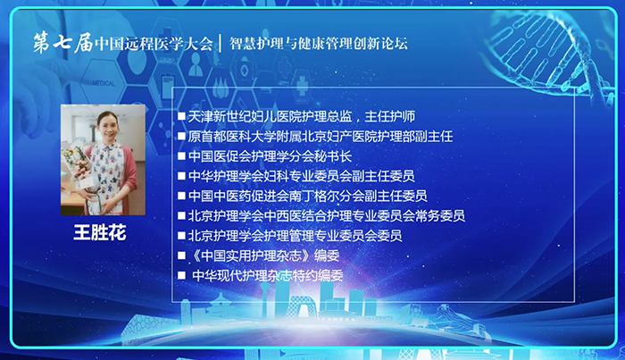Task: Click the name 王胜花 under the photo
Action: pos(100,232)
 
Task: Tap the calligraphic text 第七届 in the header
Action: pos(63,43)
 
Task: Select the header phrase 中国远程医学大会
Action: pos(154,44)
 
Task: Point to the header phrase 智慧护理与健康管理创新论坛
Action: pos(319,44)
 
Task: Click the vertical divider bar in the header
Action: pos(221,44)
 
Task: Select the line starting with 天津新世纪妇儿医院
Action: pos(302,116)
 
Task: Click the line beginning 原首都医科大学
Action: pos(320,137)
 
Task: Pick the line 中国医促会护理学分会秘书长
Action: pos(270,156)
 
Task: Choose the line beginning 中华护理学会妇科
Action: pos(302,176)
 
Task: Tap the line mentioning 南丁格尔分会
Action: pos(308,196)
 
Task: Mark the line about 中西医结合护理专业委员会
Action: pos(327,215)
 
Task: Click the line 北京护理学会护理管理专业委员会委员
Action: pos(295,236)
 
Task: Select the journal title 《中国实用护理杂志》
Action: pos(251,255)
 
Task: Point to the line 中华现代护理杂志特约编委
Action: pos(268,275)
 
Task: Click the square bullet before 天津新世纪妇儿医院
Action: pos(181,116)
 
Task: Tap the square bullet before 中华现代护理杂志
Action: pos(181,275)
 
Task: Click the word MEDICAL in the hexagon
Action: pos(104,83)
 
